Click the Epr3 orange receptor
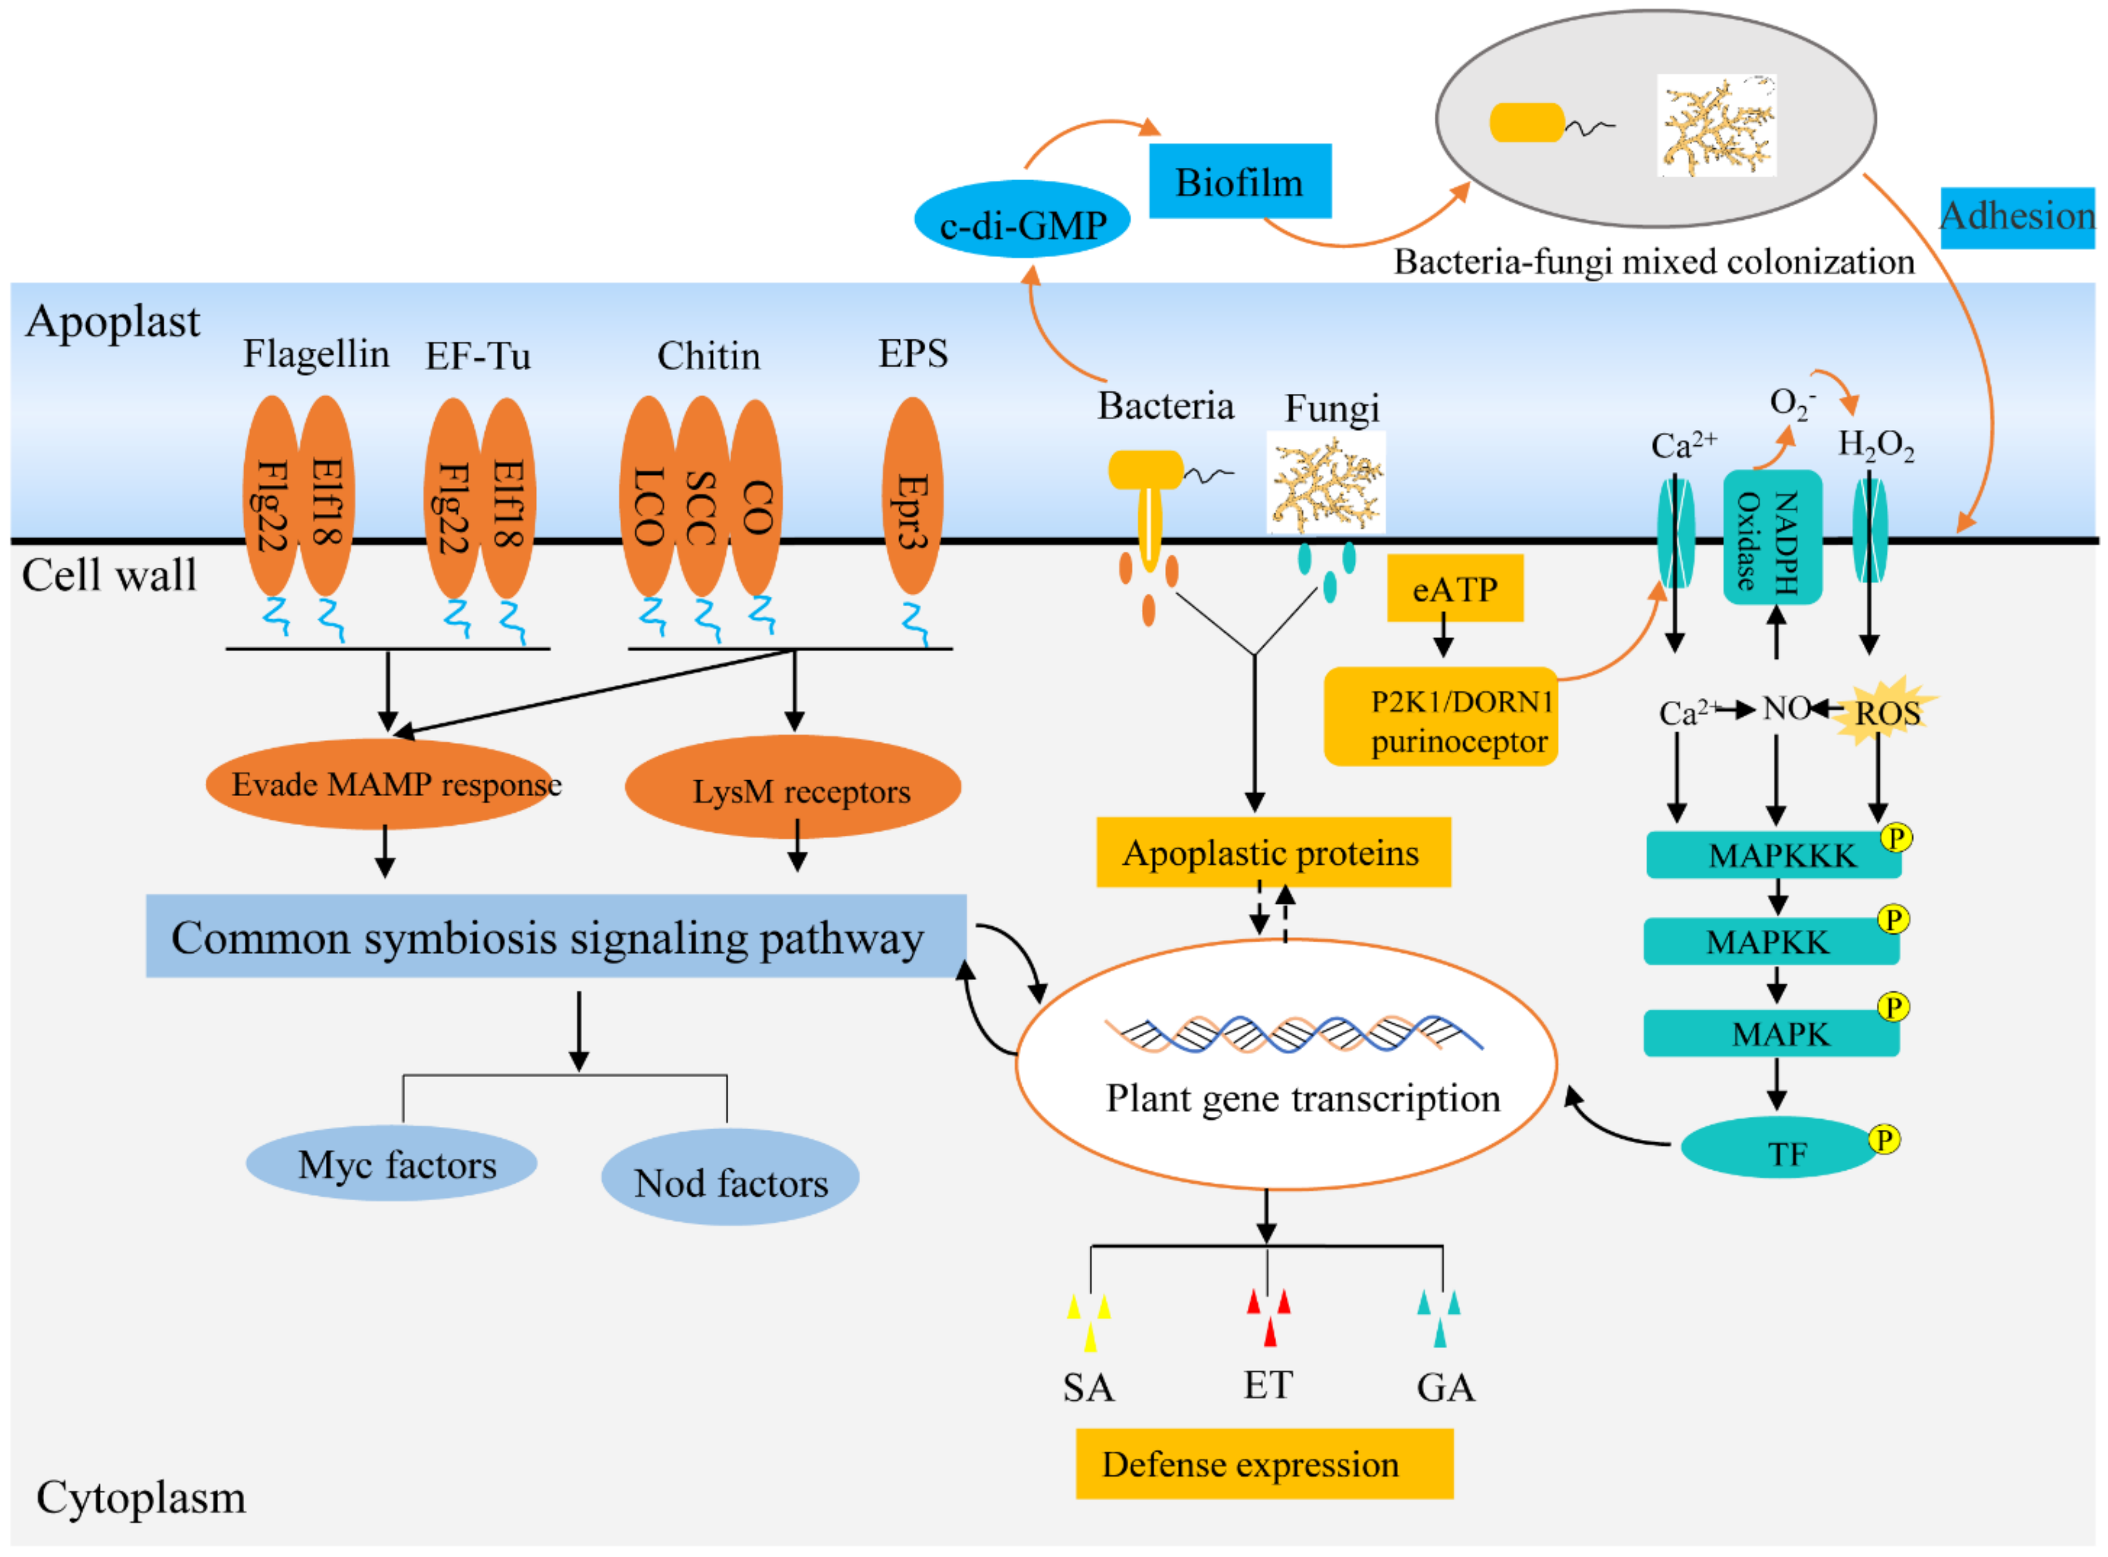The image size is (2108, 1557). pyautogui.click(x=911, y=497)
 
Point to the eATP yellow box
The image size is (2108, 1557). pyautogui.click(x=1454, y=589)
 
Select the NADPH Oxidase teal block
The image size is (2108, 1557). pyautogui.click(x=1771, y=537)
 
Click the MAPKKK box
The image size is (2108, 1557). pyautogui.click(x=1771, y=855)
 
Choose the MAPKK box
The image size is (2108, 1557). pyautogui.click(x=1770, y=942)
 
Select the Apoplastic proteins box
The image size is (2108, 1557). pyautogui.click(x=1272, y=853)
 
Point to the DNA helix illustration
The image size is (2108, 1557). pyautogui.click(x=1293, y=1035)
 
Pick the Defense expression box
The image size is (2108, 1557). pyautogui.click(x=1264, y=1464)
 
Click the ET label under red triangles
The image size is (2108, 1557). pyautogui.click(x=1268, y=1385)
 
